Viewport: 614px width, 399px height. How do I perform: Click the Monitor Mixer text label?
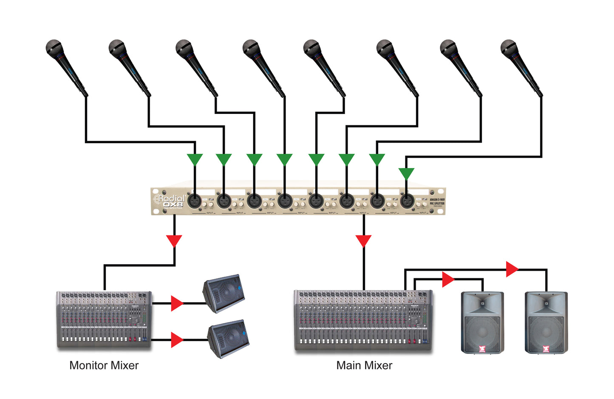point(104,365)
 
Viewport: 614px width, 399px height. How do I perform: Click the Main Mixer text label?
point(364,365)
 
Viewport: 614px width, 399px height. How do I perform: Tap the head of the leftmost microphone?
point(54,48)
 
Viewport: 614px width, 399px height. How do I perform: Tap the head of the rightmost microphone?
point(509,48)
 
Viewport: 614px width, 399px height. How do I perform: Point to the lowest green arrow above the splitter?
point(406,173)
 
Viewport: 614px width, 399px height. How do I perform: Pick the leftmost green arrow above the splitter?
point(195,159)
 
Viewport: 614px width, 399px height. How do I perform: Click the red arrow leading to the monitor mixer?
point(174,241)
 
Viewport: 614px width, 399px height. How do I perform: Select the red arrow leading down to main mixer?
point(363,241)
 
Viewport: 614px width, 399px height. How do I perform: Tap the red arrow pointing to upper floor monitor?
point(176,303)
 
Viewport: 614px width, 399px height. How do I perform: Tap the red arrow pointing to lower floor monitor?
point(176,340)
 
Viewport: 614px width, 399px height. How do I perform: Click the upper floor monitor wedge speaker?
point(224,293)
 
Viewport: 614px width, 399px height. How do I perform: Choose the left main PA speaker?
point(482,323)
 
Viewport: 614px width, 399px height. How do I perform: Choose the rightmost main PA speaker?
point(546,323)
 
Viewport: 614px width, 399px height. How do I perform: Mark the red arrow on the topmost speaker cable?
point(512,269)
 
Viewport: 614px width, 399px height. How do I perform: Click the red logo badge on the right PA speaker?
point(546,349)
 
